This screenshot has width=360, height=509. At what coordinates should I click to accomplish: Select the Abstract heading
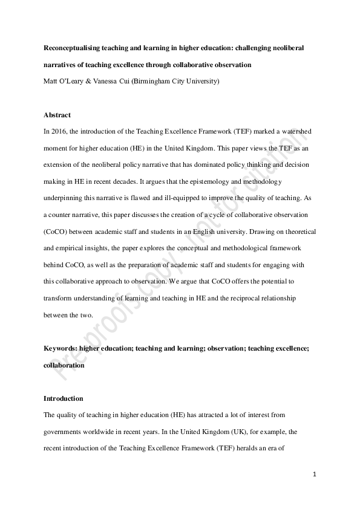(x=57, y=115)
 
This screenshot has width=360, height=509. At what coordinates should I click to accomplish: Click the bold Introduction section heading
(x=64, y=399)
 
